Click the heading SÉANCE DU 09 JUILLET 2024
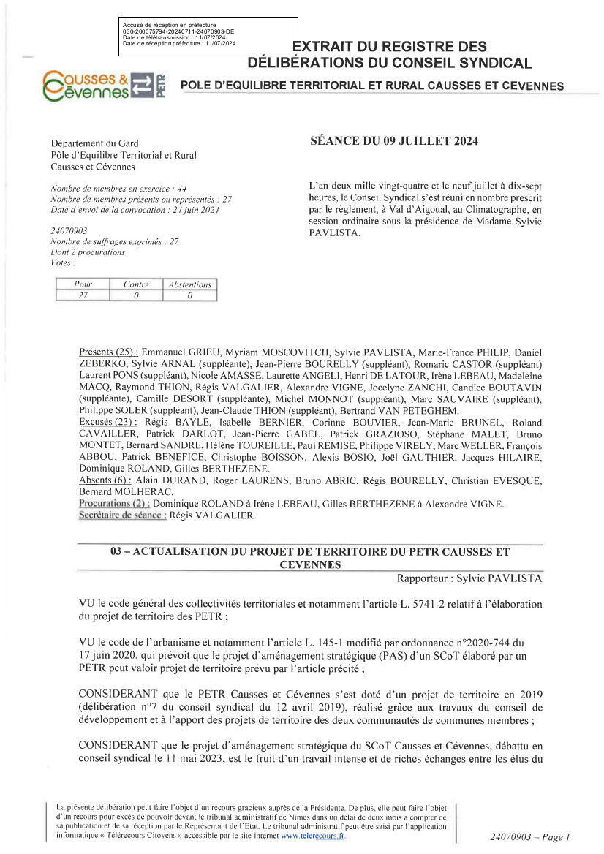(394, 142)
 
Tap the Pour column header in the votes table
(83, 284)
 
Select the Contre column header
(136, 284)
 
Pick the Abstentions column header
(189, 284)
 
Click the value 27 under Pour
(83, 295)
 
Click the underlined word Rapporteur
(423, 578)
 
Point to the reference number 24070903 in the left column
(69, 230)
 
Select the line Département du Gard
(94, 143)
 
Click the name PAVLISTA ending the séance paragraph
(331, 233)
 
